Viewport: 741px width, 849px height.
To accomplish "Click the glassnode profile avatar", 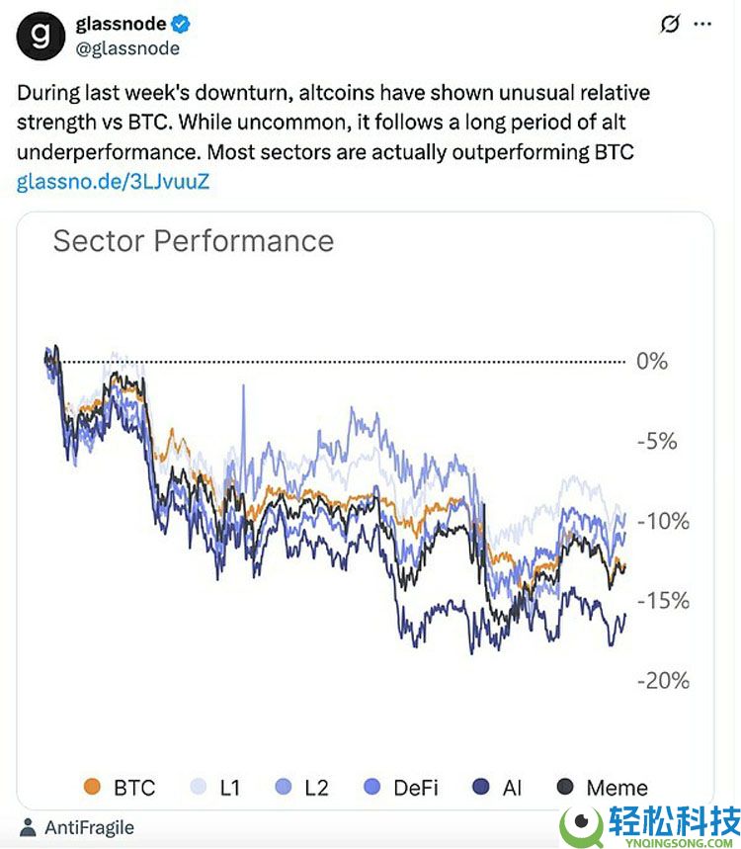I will pyautogui.click(x=40, y=36).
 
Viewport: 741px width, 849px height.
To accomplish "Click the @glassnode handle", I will pyautogui.click(x=127, y=47).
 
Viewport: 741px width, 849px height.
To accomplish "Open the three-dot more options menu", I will pyautogui.click(x=703, y=25).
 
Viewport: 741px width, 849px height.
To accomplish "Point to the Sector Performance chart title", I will pyautogui.click(x=194, y=241).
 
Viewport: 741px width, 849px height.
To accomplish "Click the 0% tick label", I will pyautogui.click(x=652, y=361).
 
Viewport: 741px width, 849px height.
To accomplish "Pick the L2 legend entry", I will pyautogui.click(x=301, y=788).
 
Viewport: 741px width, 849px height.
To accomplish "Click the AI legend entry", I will pyautogui.click(x=497, y=788).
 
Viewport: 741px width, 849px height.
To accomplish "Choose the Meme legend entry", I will pyautogui.click(x=602, y=788).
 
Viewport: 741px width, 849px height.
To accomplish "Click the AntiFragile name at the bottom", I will pyautogui.click(x=89, y=827).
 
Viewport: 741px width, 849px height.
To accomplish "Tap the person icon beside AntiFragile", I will pyautogui.click(x=28, y=827).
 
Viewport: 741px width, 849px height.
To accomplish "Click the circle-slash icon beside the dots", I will pyautogui.click(x=669, y=25).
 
